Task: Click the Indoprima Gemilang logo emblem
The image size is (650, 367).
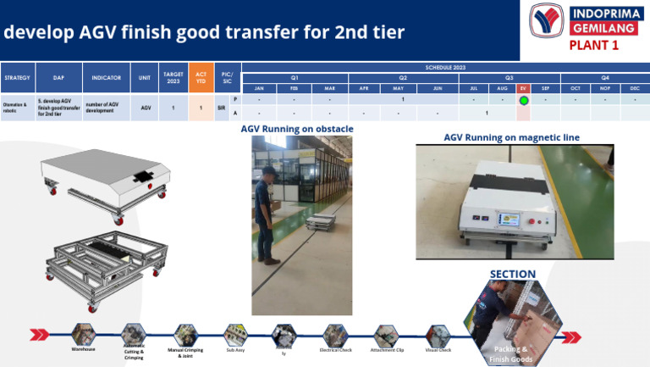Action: click(546, 20)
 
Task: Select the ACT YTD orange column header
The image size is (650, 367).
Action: click(201, 78)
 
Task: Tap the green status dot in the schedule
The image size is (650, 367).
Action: click(524, 100)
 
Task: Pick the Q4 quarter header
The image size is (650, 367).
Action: click(605, 76)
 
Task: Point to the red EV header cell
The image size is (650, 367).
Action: click(524, 88)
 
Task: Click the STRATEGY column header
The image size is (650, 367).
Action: click(17, 78)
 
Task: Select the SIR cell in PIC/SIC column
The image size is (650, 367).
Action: click(221, 108)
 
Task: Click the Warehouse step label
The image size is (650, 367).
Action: click(83, 349)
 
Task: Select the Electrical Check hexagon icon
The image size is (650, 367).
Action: click(335, 334)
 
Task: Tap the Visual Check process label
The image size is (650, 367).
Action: click(438, 349)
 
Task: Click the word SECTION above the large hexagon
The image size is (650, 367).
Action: click(513, 274)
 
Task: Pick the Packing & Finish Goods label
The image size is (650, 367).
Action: click(512, 353)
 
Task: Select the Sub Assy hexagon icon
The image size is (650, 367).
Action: click(235, 333)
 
